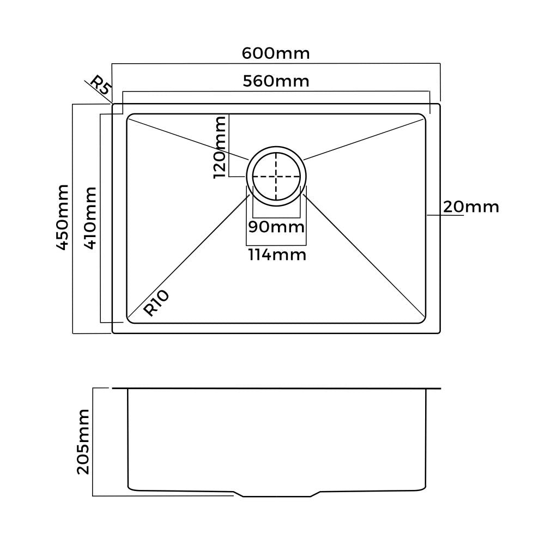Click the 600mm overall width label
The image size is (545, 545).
[x=276, y=53]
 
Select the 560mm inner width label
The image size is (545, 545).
[x=276, y=81]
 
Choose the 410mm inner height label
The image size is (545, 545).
[x=90, y=217]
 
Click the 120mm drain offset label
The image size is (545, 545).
[x=220, y=147]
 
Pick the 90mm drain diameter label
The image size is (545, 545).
[x=276, y=226]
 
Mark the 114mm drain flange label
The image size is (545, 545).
[x=276, y=254]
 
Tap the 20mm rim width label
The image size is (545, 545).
[x=470, y=207]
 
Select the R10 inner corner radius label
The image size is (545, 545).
[x=157, y=304]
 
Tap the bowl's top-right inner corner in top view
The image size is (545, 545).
[x=423, y=116]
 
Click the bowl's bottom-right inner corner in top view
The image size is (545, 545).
[x=423, y=320]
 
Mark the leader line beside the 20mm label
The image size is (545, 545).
[x=445, y=216]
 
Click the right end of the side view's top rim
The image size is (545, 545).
[x=439, y=389]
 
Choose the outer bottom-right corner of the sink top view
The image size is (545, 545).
[x=439, y=332]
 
